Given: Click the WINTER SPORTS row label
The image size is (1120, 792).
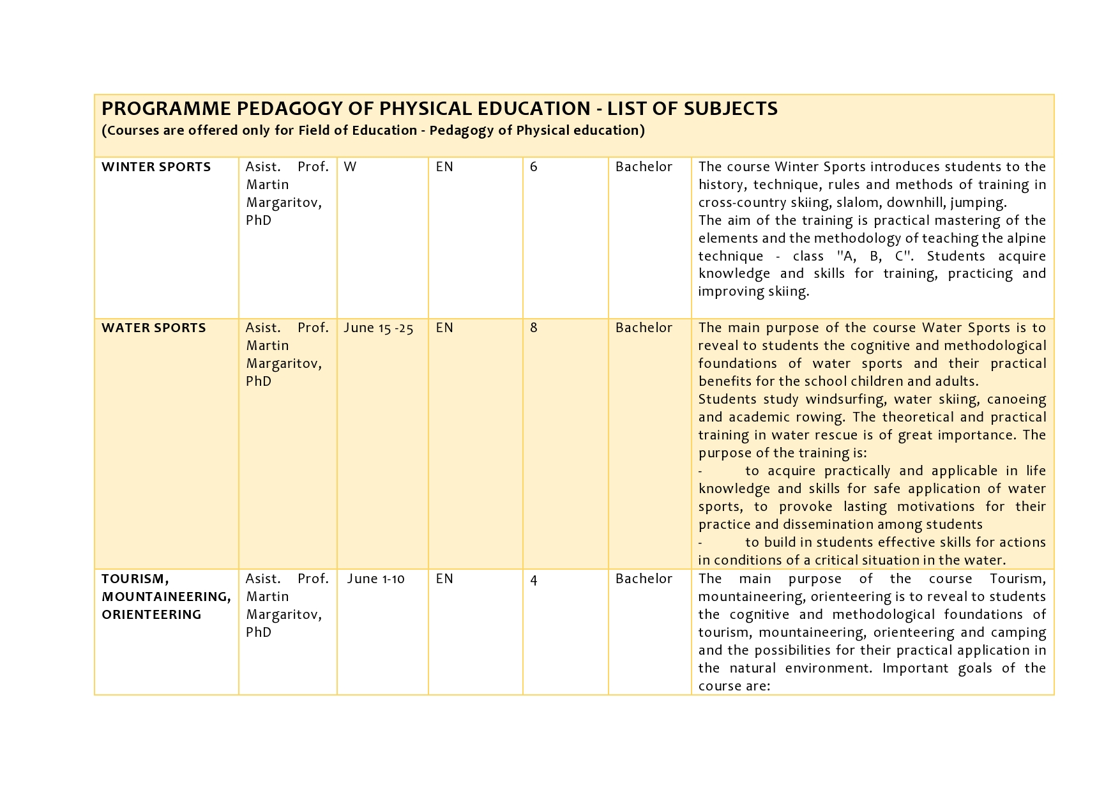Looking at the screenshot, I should point(156,167).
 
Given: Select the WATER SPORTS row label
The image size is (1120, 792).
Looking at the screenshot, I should point(154,328).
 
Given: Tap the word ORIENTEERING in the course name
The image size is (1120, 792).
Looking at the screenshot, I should point(151,615).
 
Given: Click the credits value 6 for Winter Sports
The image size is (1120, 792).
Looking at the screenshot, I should point(534,167).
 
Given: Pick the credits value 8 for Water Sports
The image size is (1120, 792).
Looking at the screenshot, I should point(534,328).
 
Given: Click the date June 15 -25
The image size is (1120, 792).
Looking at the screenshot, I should point(379,328).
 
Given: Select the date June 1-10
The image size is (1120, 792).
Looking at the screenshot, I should point(376,579).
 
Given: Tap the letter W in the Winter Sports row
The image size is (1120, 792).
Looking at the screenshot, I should point(350,167).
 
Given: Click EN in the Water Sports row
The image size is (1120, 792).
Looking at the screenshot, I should point(444,328).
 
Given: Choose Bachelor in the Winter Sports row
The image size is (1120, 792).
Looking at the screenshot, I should point(644,167).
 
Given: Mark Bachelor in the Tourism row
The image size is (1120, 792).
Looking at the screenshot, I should point(644,579).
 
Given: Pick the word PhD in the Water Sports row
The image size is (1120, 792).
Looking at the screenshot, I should point(259,382).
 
